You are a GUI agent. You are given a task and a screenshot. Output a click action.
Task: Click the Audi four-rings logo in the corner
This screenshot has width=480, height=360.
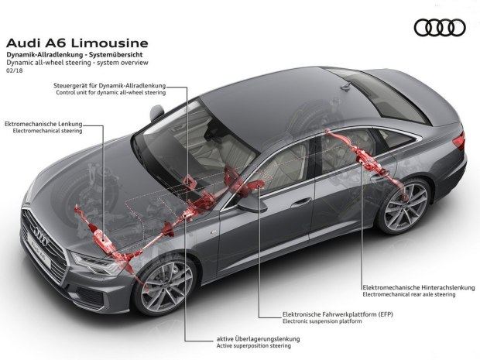(438, 28)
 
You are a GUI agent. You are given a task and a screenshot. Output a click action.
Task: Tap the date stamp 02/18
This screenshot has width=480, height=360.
(15, 72)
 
